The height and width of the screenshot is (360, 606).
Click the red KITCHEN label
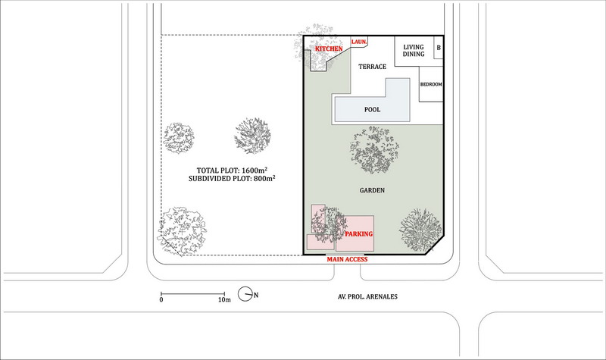click(x=329, y=49)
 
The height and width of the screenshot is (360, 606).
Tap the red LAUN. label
click(x=359, y=42)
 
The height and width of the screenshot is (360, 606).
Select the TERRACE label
click(x=372, y=67)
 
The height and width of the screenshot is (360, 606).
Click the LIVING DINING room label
click(x=414, y=51)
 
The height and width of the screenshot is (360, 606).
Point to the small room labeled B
click(x=439, y=48)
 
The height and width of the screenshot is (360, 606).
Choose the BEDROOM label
click(x=431, y=84)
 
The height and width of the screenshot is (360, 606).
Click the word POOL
click(x=372, y=110)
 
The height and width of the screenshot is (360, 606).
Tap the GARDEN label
click(x=372, y=190)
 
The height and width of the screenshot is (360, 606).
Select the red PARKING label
click(x=359, y=234)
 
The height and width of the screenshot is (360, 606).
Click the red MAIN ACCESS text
click(x=347, y=259)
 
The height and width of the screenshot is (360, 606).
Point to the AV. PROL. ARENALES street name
click(x=367, y=296)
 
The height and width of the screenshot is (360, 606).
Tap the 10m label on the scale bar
click(x=224, y=299)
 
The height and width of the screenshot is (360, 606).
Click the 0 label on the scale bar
click(x=161, y=299)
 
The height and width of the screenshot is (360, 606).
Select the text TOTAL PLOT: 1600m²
click(x=232, y=170)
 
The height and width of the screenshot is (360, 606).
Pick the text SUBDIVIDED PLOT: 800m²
click(x=232, y=179)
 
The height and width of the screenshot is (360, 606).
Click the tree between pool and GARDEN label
click(x=374, y=149)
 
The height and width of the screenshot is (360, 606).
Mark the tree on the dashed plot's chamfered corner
click(x=182, y=231)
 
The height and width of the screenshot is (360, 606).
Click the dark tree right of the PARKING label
click(x=420, y=230)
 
